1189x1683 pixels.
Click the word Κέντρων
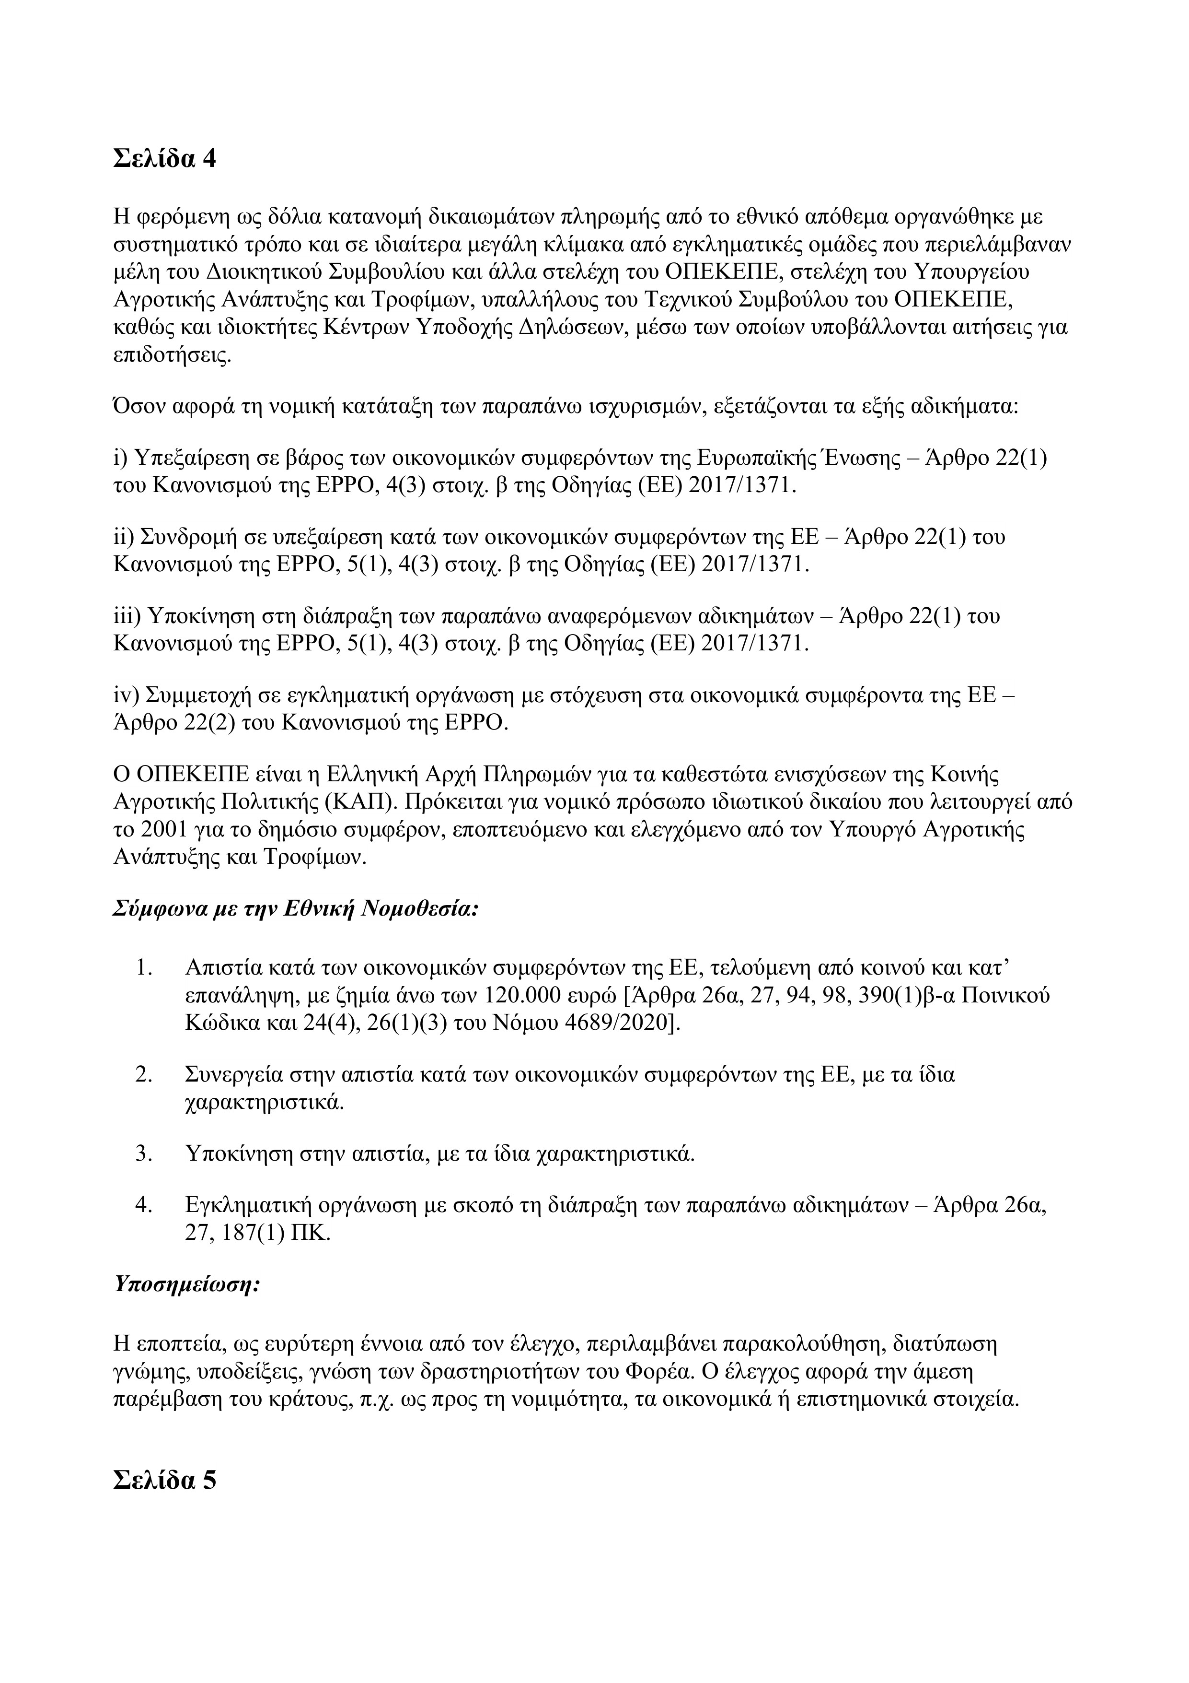click(x=360, y=327)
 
